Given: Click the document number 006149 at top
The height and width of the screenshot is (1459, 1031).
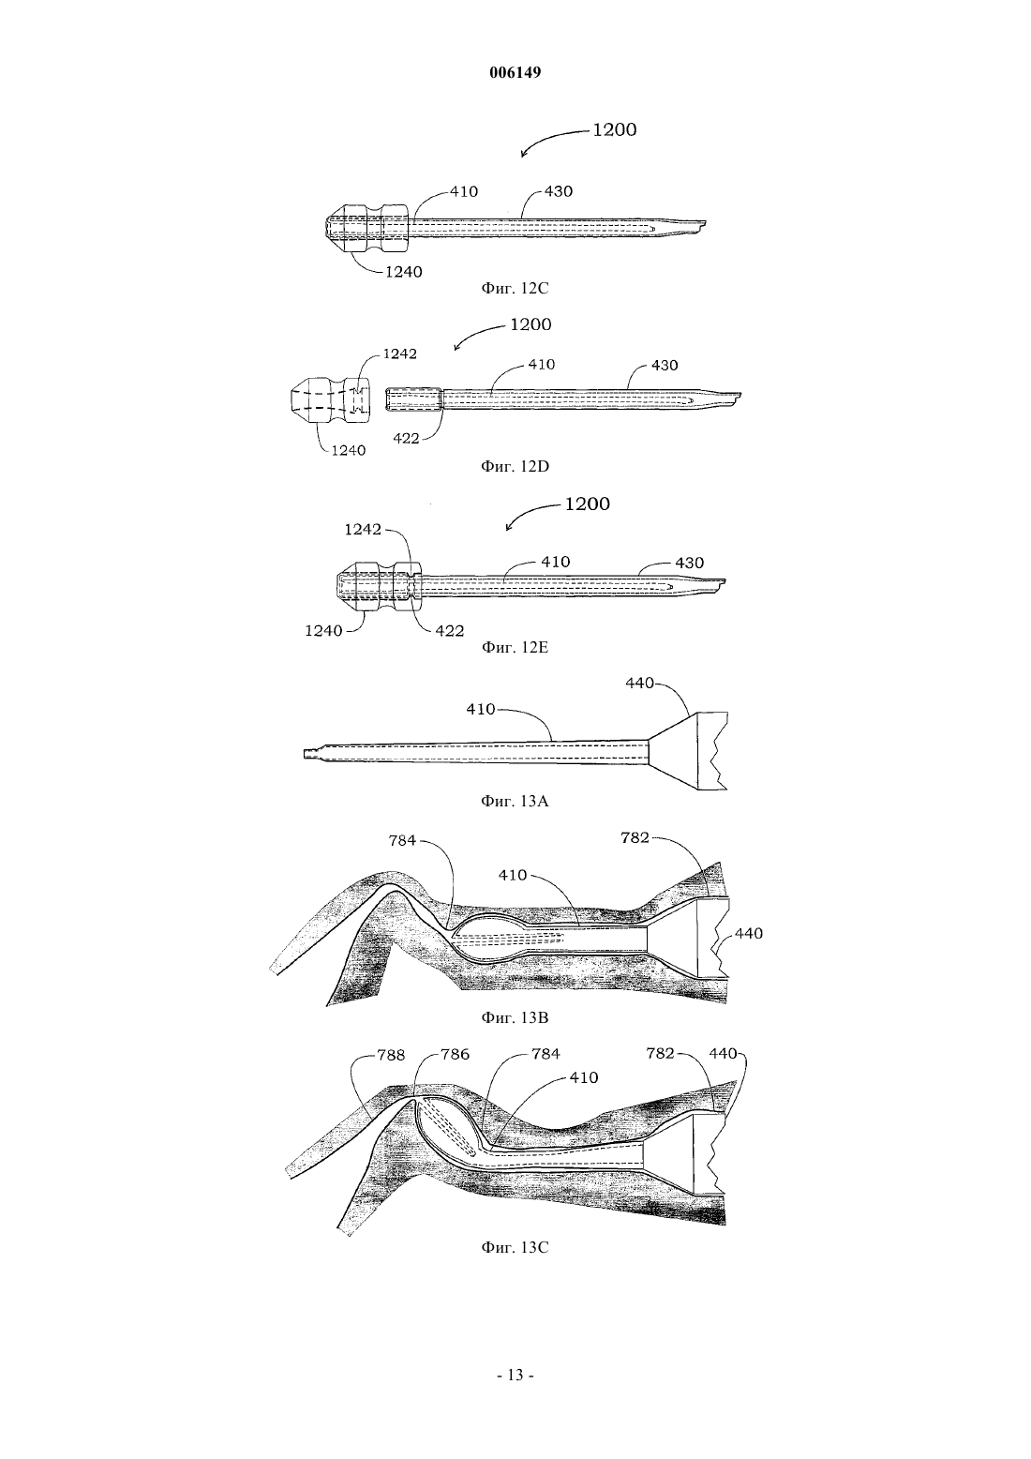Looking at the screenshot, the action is pyautogui.click(x=515, y=72).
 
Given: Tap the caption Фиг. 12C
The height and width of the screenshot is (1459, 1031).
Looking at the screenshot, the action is pyautogui.click(x=515, y=288).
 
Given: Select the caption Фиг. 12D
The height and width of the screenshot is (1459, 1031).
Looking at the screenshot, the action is pyautogui.click(x=515, y=466).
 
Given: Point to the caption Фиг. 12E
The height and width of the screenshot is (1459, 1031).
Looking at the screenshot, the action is pyautogui.click(x=515, y=647).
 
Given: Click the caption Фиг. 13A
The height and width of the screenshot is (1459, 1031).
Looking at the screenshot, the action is pyautogui.click(x=515, y=801).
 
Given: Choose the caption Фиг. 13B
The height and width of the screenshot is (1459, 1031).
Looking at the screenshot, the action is pyautogui.click(x=515, y=1016).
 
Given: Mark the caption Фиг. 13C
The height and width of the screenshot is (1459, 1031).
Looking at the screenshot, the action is pyautogui.click(x=515, y=1247).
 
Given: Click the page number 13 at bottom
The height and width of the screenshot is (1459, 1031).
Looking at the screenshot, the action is pyautogui.click(x=515, y=1375).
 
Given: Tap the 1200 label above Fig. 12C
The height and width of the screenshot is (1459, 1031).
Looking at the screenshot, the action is pyautogui.click(x=615, y=129).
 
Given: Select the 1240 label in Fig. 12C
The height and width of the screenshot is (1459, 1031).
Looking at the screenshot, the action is pyautogui.click(x=404, y=272).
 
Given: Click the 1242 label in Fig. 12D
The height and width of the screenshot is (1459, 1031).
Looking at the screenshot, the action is pyautogui.click(x=399, y=353).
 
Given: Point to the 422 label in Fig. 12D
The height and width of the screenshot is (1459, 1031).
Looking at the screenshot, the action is pyautogui.click(x=406, y=438).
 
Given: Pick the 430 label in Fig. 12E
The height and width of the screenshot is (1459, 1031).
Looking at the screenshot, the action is pyautogui.click(x=690, y=563).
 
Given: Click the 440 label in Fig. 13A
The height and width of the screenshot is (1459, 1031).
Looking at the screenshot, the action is pyautogui.click(x=639, y=683).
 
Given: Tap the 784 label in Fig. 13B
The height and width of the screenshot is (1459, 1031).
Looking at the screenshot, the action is pyautogui.click(x=402, y=840).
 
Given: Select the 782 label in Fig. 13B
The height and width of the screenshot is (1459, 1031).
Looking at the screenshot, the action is pyautogui.click(x=635, y=837).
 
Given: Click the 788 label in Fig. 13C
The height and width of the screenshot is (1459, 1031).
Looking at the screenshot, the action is pyautogui.click(x=391, y=1055).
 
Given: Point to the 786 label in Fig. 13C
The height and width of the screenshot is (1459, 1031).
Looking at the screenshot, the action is pyautogui.click(x=455, y=1055).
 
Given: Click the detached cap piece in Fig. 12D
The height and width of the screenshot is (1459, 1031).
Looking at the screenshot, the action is pyautogui.click(x=330, y=400).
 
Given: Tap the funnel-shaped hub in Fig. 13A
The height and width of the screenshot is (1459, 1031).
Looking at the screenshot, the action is pyautogui.click(x=688, y=751).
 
